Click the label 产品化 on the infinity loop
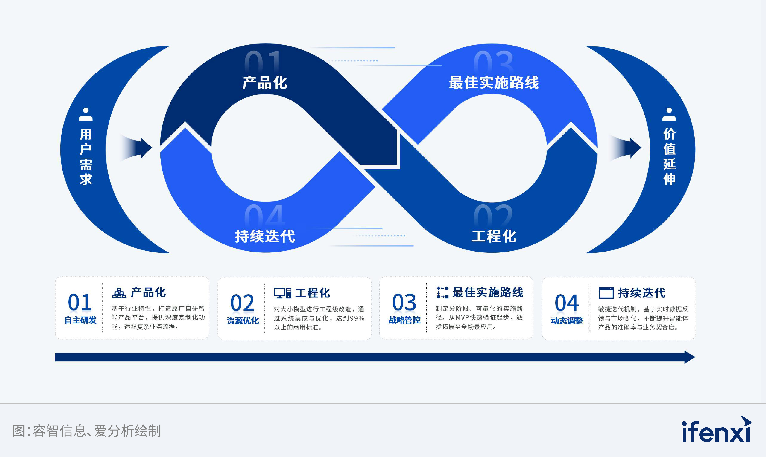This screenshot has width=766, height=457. tap(265, 83)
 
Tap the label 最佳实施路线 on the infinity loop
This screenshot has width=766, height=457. tap(494, 83)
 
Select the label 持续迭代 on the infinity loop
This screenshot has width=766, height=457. tap(265, 236)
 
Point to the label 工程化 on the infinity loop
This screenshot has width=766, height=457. tap(494, 236)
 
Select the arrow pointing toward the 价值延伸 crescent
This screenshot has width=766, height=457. tap(626, 148)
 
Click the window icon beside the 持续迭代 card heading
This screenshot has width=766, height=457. tap(606, 293)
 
